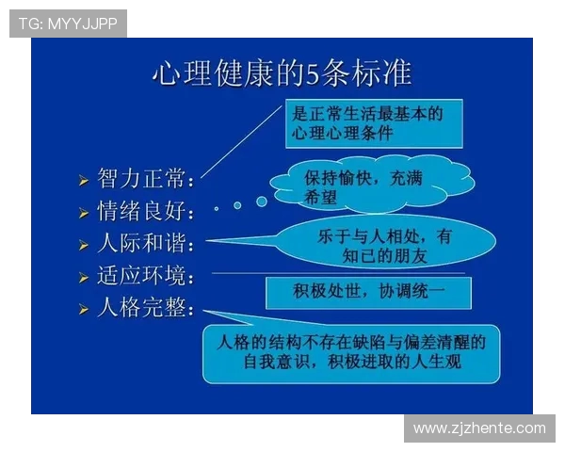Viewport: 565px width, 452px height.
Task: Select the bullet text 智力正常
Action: pos(147,178)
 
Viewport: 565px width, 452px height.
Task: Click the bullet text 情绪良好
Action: pos(147,211)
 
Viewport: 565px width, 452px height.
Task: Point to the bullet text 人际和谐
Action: pos(147,244)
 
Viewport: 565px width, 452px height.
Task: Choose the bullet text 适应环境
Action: pos(147,277)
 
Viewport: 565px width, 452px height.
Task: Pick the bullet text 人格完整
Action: pos(147,308)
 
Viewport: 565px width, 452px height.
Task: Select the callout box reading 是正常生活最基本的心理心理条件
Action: pos(373,124)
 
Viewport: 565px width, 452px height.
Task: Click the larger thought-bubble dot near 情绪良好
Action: pos(261,201)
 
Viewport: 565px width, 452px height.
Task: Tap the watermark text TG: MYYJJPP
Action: pos(68,24)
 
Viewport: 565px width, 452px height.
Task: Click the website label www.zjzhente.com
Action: pos(479,428)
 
